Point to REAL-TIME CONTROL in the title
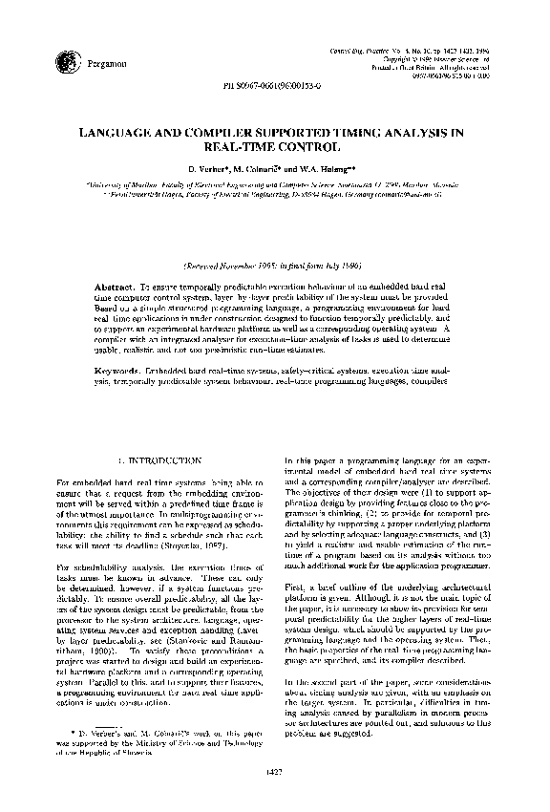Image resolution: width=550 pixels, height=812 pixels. click(274, 149)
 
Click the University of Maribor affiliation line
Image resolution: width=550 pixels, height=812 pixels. click(274, 182)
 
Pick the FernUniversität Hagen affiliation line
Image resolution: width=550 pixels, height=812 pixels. click(274, 191)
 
